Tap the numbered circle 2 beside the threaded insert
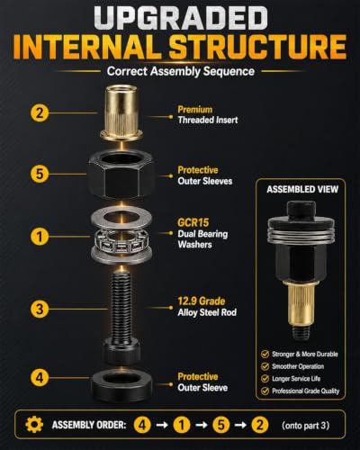(40, 113)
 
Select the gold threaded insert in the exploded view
(121, 113)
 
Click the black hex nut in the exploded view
(121, 174)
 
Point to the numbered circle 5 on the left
(40, 174)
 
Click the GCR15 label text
(193, 222)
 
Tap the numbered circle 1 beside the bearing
(40, 237)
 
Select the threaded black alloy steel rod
(121, 315)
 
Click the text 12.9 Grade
(202, 301)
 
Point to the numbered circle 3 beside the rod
(40, 309)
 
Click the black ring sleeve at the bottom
(121, 382)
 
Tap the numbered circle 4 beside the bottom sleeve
(40, 378)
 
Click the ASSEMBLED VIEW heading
(302, 189)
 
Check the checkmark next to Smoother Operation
(265, 366)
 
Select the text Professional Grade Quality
(306, 391)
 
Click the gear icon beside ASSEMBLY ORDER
(34, 425)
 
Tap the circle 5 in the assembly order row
(221, 425)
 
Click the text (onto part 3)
(305, 425)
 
